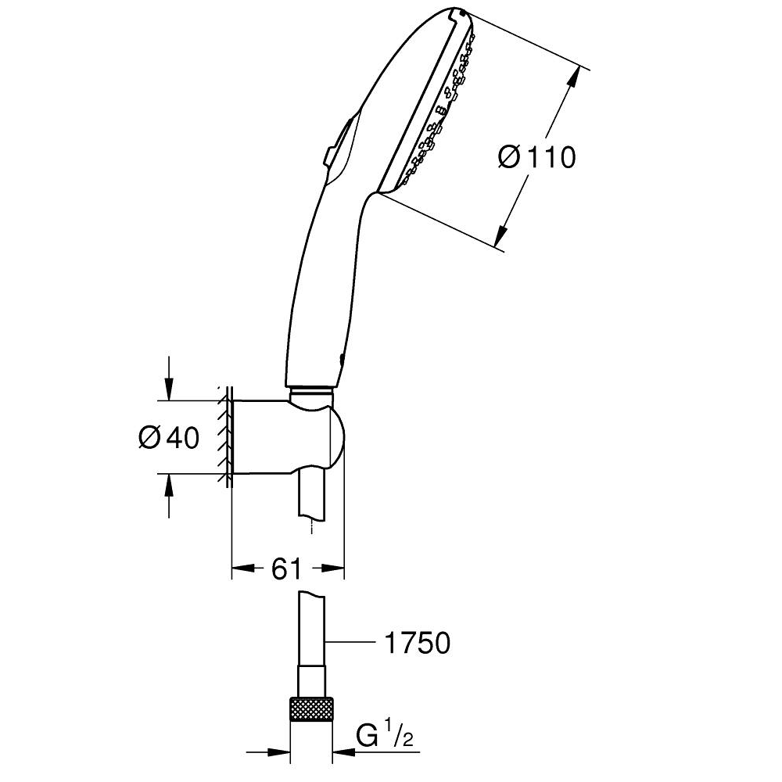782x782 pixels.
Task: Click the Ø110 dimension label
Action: pos(536,158)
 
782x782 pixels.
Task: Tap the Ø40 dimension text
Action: pos(169,437)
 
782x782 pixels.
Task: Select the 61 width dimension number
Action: pos(287,568)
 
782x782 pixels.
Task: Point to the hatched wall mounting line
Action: pos(225,437)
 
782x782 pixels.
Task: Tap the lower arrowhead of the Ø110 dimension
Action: pos(502,235)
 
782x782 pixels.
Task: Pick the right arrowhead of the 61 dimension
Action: pos(331,568)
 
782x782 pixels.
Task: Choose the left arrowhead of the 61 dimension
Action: pos(244,568)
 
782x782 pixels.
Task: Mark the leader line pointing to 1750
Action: pos(350,642)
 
